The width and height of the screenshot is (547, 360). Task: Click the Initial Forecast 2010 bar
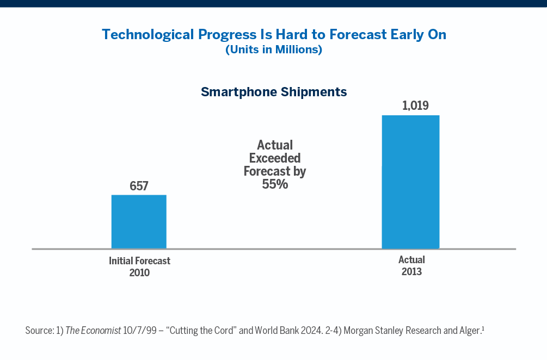(139, 222)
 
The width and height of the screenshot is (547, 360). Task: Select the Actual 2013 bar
(410, 182)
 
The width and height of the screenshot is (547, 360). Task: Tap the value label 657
(139, 186)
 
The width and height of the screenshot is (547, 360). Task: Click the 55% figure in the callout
(274, 184)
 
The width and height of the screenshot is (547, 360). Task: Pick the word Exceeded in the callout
(274, 158)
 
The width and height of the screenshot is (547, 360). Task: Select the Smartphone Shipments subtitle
(274, 91)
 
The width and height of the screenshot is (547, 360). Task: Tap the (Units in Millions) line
(274, 50)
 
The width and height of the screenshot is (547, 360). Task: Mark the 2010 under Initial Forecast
(139, 272)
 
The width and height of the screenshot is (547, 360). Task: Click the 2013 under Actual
(411, 271)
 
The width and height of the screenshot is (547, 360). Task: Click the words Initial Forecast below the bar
(139, 261)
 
